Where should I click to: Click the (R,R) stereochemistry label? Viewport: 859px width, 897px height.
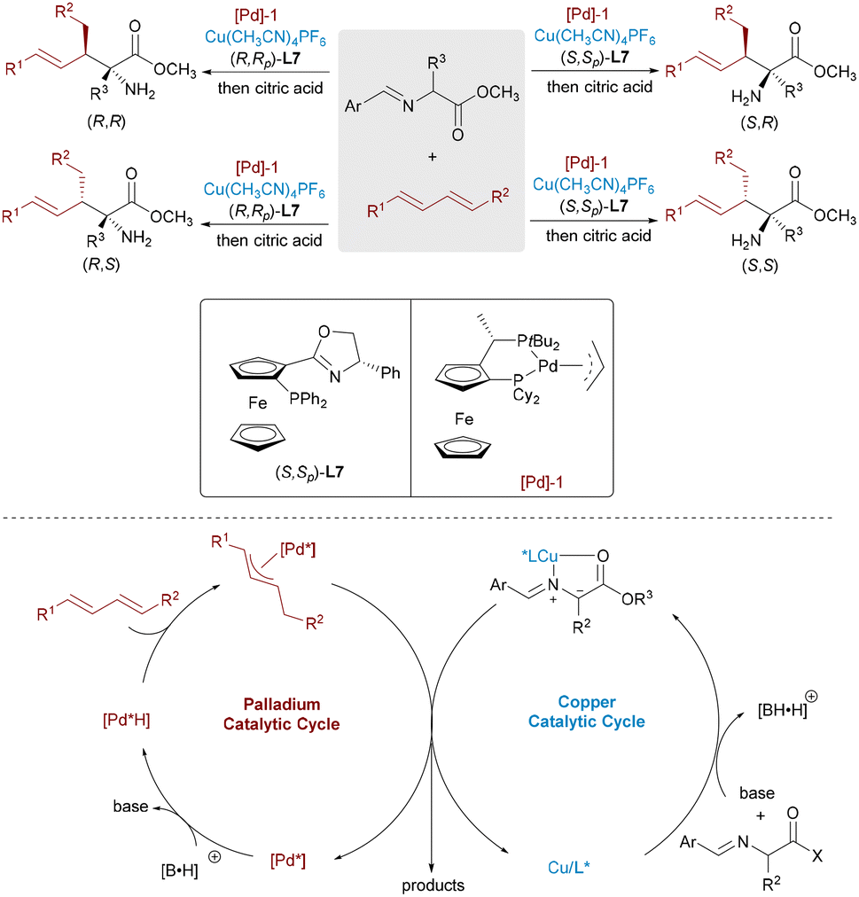tap(106, 121)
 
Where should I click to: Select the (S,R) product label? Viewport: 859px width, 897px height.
tap(760, 122)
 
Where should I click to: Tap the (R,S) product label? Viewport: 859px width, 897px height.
tap(101, 264)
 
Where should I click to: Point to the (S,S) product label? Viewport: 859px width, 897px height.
tap(760, 265)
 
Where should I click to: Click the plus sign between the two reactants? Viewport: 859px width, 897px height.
tap(433, 156)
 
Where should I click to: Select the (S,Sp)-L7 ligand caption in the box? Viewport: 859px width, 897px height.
tap(309, 473)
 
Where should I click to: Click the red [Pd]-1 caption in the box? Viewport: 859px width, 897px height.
tap(542, 482)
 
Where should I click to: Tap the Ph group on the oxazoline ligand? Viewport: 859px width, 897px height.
tap(390, 373)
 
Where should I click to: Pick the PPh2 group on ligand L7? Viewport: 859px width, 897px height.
tap(308, 399)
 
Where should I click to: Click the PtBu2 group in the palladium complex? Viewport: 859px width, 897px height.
tap(538, 342)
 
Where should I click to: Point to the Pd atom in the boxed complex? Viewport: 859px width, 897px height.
tap(548, 365)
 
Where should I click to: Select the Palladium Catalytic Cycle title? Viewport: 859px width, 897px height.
tap(282, 714)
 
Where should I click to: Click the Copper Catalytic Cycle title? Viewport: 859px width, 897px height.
tap(587, 712)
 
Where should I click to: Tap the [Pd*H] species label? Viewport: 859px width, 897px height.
tap(127, 720)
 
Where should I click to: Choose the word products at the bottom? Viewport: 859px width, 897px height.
tap(433, 885)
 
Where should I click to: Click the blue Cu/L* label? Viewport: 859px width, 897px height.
tap(569, 867)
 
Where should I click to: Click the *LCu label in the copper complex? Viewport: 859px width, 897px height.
tap(540, 556)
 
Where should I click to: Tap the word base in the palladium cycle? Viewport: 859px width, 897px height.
tap(130, 806)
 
